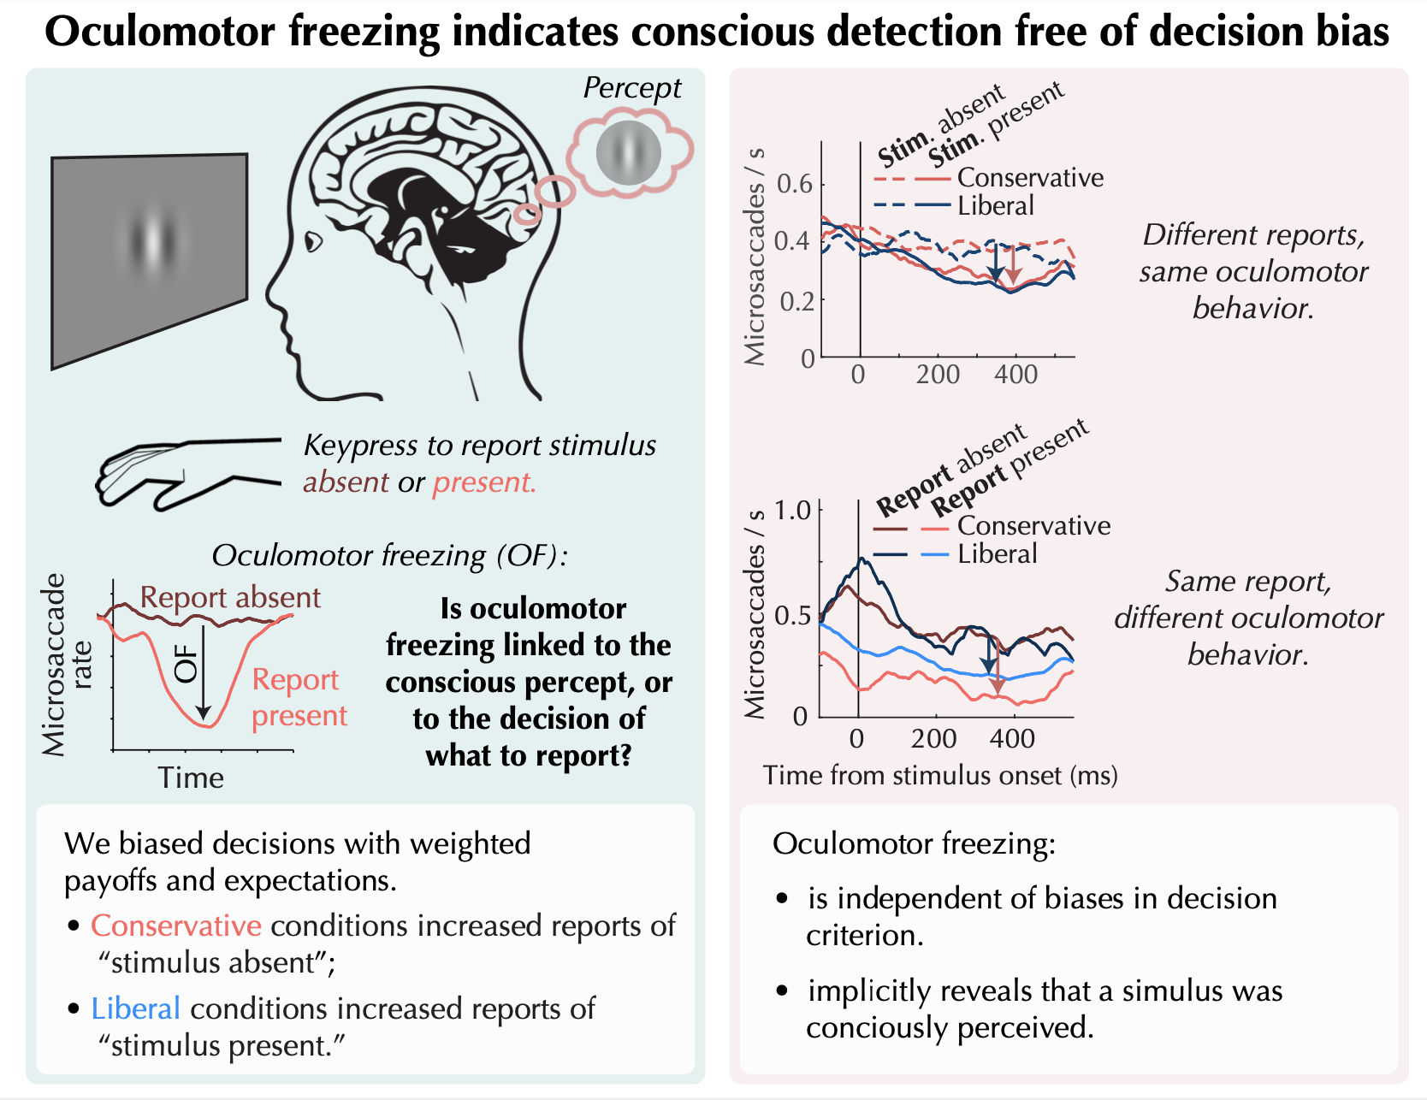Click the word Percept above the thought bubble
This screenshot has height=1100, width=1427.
(631, 88)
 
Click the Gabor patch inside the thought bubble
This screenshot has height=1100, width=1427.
(629, 153)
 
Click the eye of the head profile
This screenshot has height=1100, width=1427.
(313, 242)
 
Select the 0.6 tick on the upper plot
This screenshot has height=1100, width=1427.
(795, 184)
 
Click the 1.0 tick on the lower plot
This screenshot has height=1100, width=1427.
(792, 511)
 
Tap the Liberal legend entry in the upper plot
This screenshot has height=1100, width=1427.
(995, 206)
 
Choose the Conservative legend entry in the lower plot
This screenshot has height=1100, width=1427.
(1033, 525)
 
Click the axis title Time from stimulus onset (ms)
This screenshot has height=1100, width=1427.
(940, 775)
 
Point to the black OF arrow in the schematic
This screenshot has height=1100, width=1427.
(203, 671)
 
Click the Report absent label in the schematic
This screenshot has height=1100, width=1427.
(230, 597)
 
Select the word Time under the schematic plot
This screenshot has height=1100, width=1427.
(191, 778)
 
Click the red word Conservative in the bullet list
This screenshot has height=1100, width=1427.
(176, 926)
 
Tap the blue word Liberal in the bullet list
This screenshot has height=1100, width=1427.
(136, 1008)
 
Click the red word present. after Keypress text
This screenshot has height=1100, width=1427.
(484, 482)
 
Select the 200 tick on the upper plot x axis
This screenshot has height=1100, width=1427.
(938, 375)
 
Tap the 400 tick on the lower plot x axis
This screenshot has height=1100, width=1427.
(1012, 738)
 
